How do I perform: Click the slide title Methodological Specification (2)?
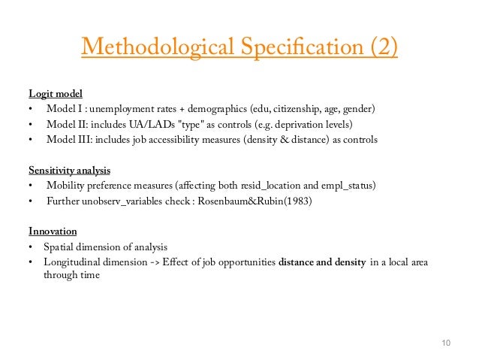click(x=239, y=47)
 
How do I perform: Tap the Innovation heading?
click(x=53, y=231)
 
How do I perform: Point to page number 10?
click(x=445, y=343)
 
